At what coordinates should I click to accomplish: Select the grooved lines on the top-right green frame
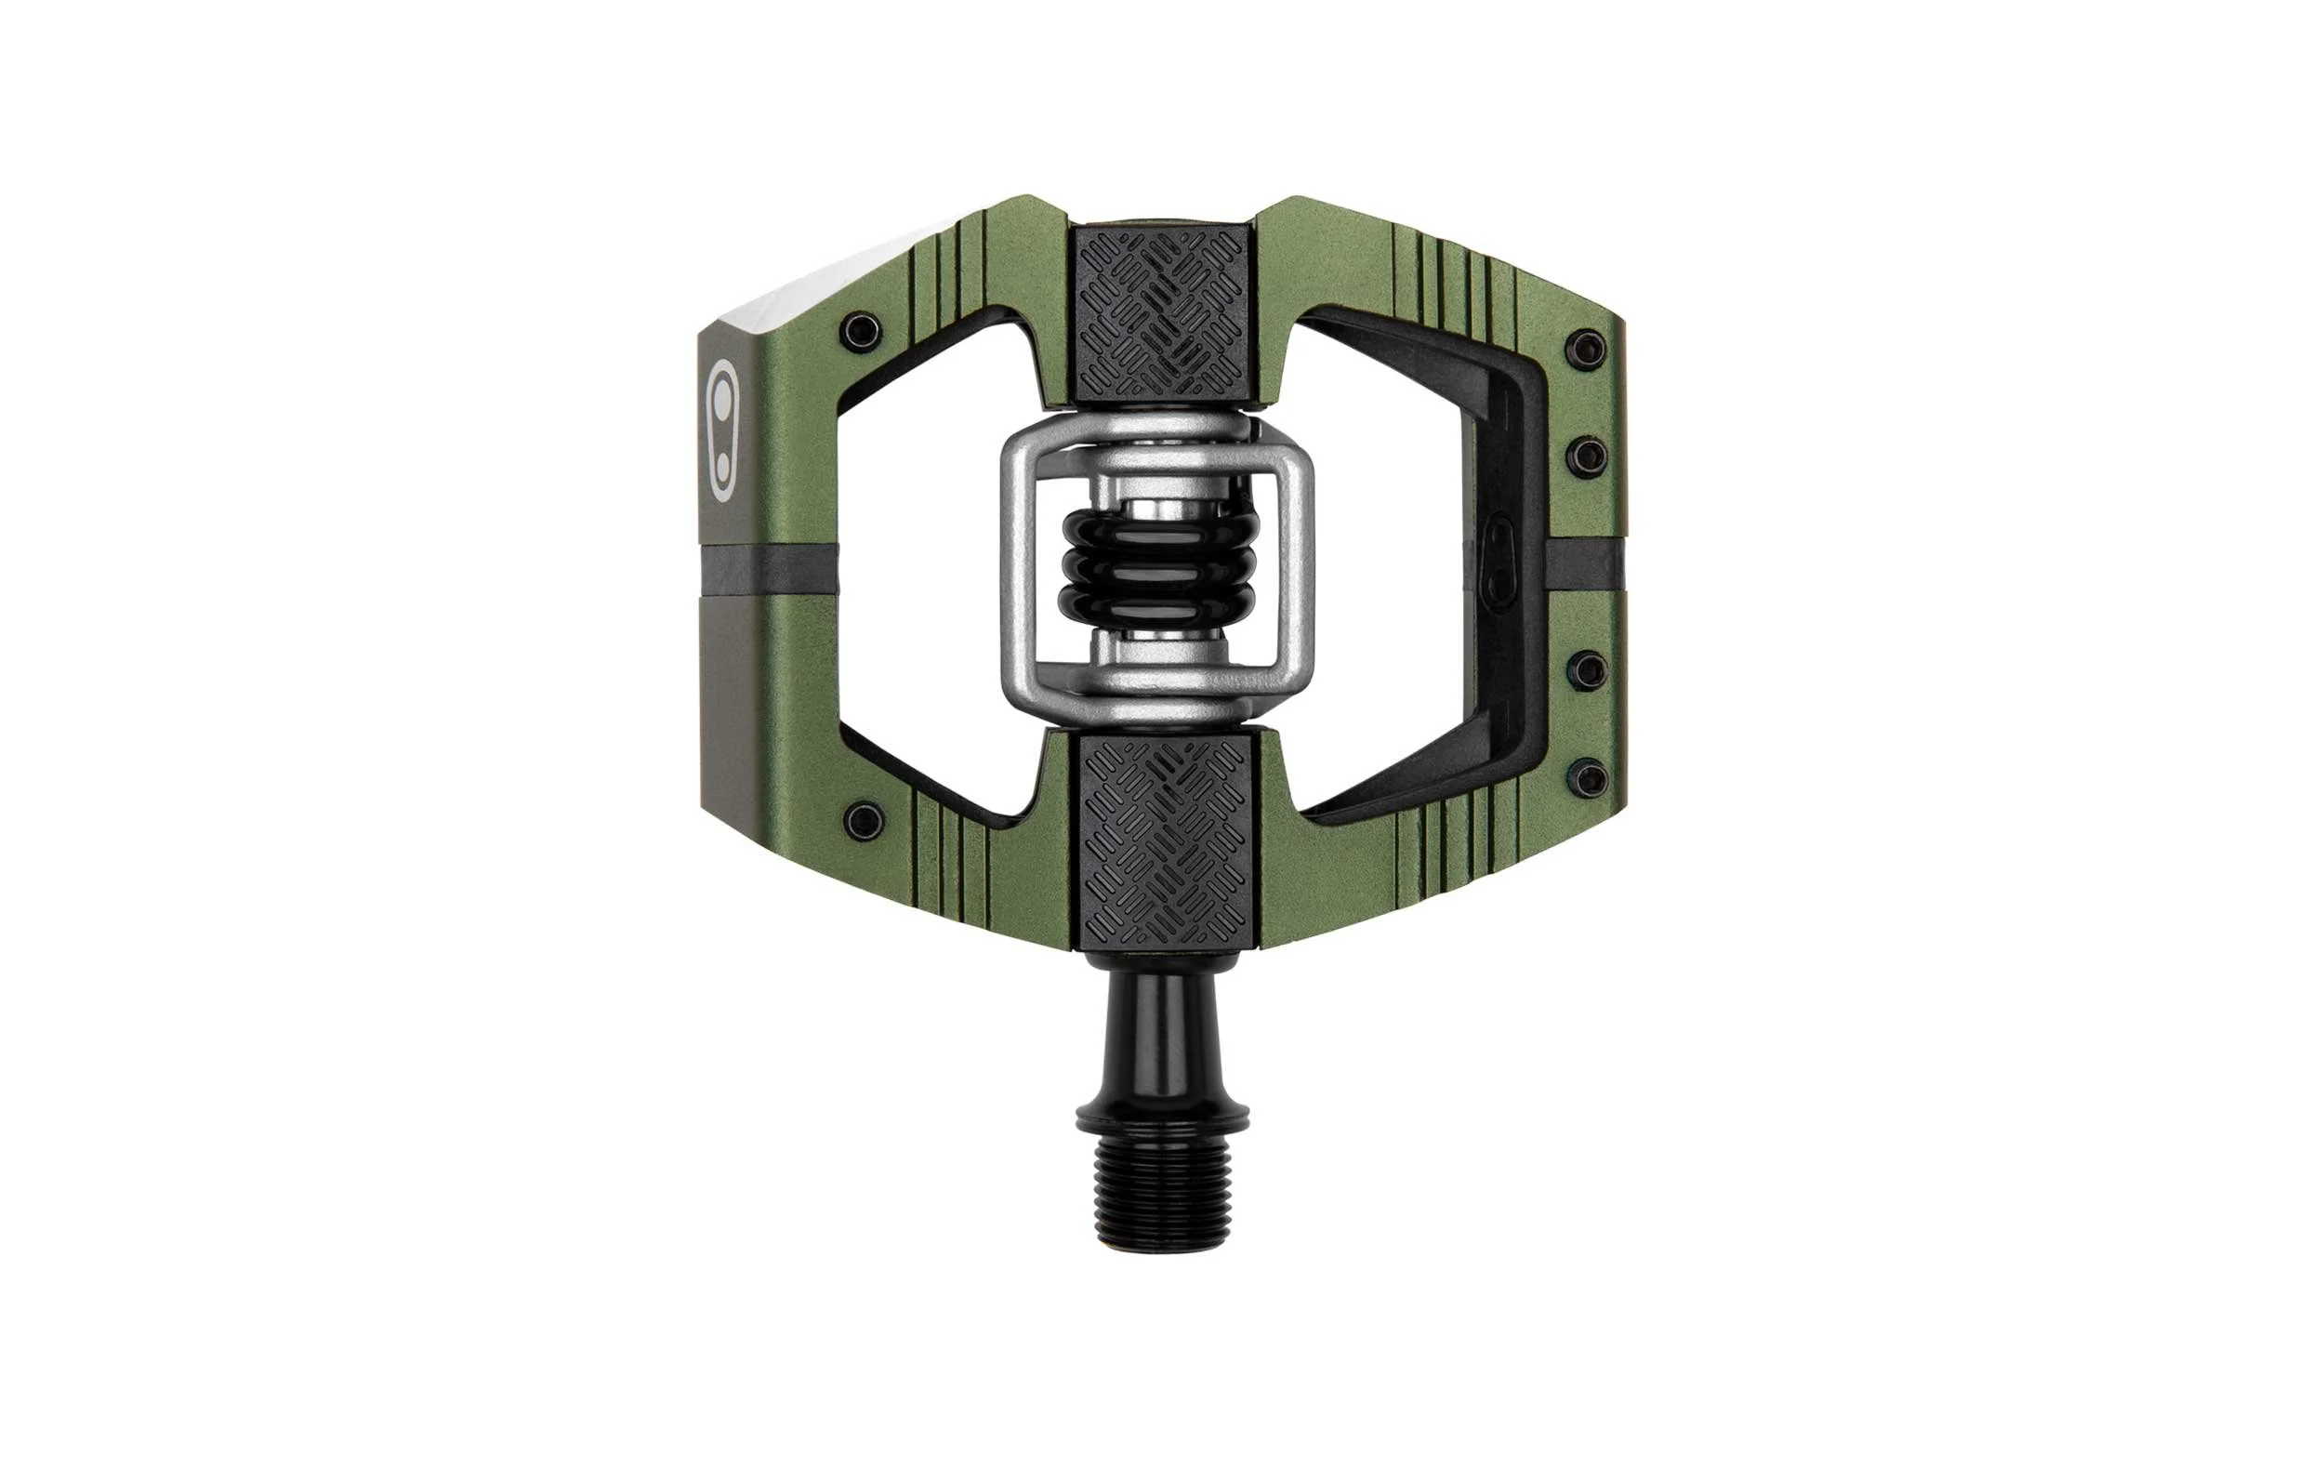(1458, 280)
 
